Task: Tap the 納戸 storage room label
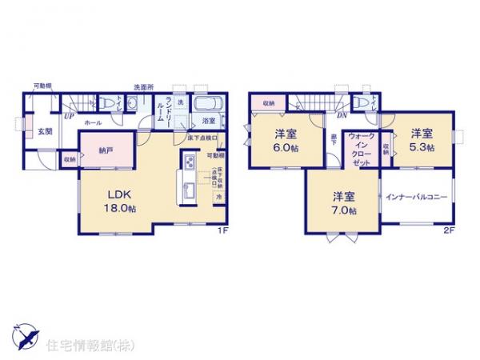click(x=106, y=149)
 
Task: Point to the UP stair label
click(x=70, y=117)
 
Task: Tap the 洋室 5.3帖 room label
click(x=423, y=140)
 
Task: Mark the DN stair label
click(x=341, y=117)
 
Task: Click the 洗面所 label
click(x=144, y=86)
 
